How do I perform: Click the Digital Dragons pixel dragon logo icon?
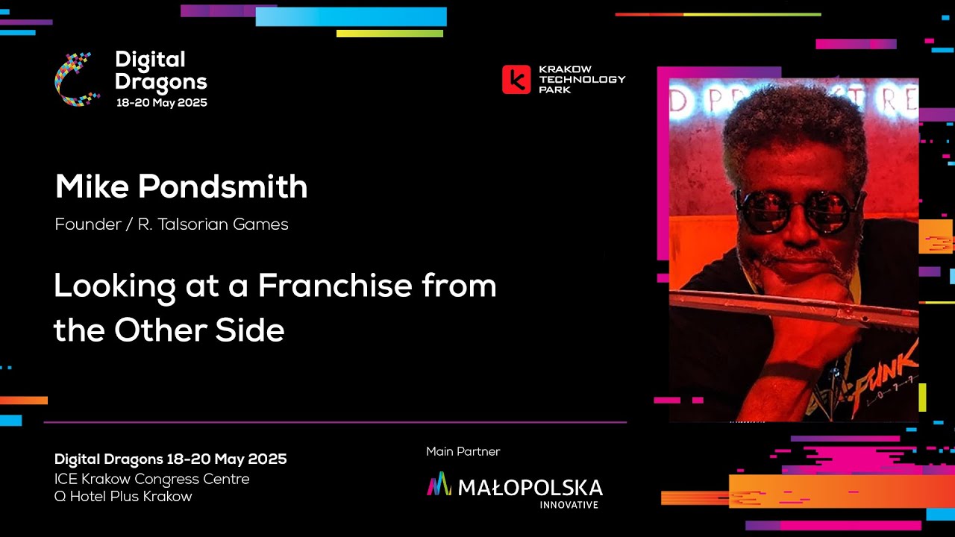coord(78,79)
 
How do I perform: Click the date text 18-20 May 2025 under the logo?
coord(161,103)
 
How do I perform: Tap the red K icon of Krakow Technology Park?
coord(516,79)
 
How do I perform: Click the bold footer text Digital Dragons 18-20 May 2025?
coord(170,459)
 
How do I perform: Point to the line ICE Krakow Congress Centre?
coord(151,479)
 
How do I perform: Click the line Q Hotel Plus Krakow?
coord(123,496)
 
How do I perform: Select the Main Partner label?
coord(463,451)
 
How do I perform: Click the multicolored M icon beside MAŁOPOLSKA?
coord(439,485)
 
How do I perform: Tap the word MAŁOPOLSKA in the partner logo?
coord(530,488)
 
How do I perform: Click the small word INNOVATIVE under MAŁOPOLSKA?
coord(569,505)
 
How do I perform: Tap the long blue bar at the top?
coord(351,16)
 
